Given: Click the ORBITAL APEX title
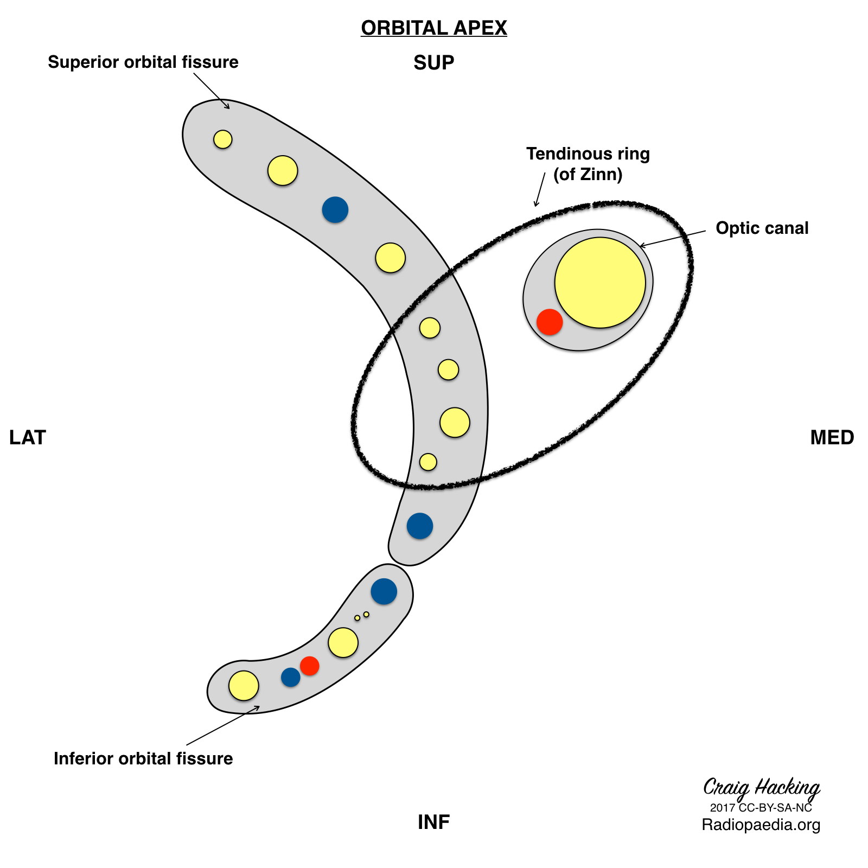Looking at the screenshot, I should tap(433, 28).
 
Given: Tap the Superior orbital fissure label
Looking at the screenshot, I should tap(143, 62).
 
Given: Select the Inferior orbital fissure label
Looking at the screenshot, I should tap(143, 758).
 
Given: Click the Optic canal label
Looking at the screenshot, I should tap(762, 228).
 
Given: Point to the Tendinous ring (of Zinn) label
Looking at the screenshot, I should tap(588, 164).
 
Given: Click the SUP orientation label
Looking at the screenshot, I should tap(433, 63).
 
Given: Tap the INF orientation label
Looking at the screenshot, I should tap(433, 822).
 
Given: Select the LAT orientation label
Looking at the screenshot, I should tap(28, 438).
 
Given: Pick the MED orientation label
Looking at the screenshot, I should tap(832, 438).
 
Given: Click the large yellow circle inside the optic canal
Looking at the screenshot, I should tap(600, 283).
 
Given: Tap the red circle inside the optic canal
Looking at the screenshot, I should tap(550, 322).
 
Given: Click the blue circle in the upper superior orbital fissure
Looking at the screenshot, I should tap(335, 209).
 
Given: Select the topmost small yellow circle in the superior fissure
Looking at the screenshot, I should tap(222, 139).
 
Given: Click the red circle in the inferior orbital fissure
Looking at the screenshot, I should tap(310, 666).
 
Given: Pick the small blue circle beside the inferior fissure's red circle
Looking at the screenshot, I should tap(291, 677).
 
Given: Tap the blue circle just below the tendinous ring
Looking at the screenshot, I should tap(420, 526).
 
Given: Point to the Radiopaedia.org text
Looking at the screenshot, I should tap(761, 825).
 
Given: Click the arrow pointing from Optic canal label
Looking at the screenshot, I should tap(673, 238).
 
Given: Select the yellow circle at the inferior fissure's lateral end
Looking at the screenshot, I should tap(244, 686).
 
